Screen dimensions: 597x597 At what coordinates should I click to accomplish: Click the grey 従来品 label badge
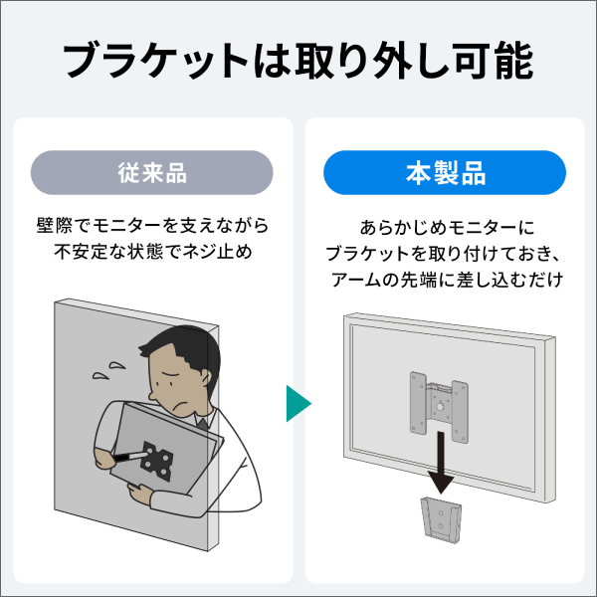152,172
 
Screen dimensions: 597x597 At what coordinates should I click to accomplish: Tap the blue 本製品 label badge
445,172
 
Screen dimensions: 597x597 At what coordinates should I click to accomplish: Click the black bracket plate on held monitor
158,460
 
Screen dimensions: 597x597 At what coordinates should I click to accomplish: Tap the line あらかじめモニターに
445,227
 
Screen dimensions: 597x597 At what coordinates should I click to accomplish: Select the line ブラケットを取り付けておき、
445,254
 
